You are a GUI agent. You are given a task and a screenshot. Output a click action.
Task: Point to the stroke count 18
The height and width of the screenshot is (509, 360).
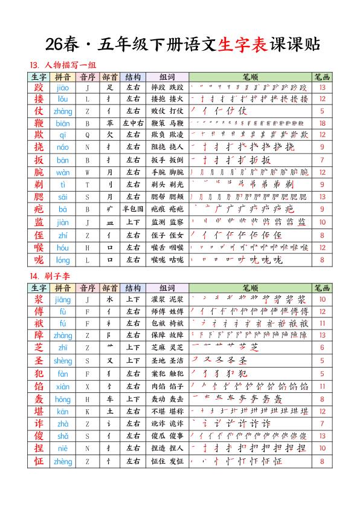pyautogui.click(x=322, y=123)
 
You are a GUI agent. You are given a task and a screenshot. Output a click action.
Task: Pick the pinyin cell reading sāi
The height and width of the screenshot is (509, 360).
pyautogui.click(x=63, y=197)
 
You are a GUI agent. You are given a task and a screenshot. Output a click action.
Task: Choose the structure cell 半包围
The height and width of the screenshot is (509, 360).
pyautogui.click(x=133, y=209)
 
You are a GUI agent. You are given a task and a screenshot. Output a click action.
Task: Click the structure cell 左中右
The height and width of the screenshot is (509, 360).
pyautogui.click(x=133, y=123)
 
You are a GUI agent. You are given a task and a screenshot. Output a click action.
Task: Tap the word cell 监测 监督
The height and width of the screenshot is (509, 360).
pyautogui.click(x=167, y=222)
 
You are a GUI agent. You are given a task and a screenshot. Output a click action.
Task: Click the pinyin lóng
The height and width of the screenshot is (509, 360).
pyautogui.click(x=63, y=259)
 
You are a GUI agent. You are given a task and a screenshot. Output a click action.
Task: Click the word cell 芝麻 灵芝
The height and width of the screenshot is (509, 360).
pyautogui.click(x=167, y=347)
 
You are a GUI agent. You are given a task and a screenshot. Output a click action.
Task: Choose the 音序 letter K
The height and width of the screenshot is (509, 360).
pyautogui.click(x=88, y=411)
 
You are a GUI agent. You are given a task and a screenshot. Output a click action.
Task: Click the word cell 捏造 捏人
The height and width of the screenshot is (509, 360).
pyautogui.click(x=167, y=449)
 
